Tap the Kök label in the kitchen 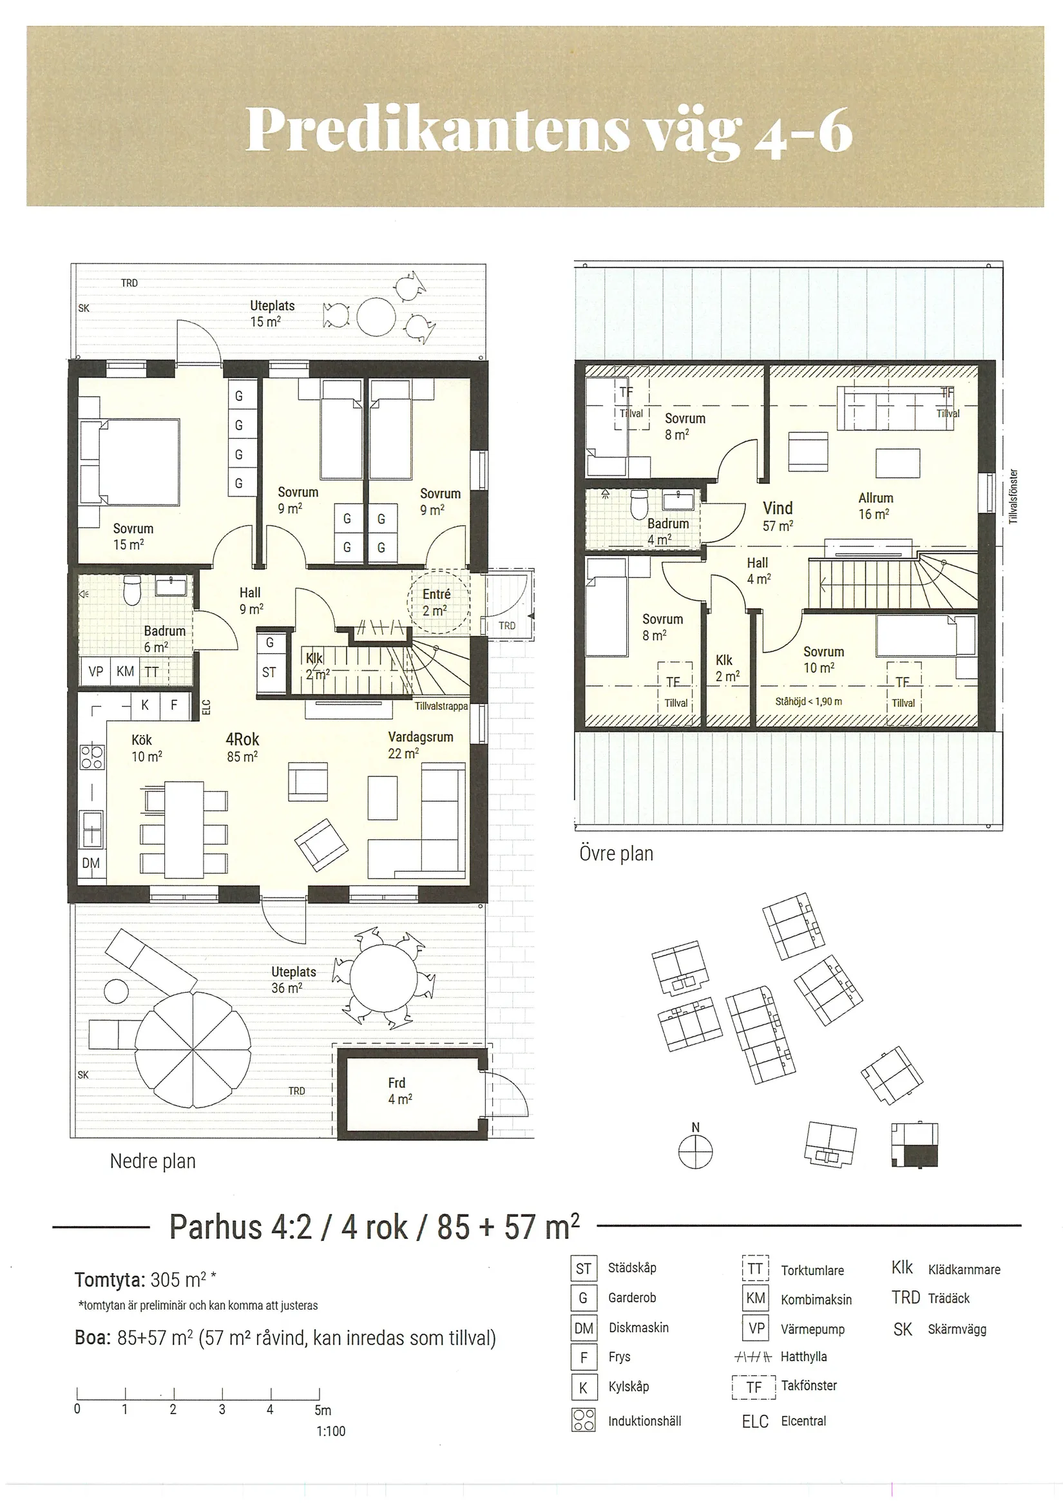[141, 740]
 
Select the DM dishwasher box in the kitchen [91, 863]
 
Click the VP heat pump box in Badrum [95, 672]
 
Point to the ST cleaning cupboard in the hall [269, 673]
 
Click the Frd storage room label [397, 1084]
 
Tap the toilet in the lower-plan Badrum [133, 591]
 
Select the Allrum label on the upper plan [875, 498]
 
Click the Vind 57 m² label [778, 517]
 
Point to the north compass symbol [695, 1153]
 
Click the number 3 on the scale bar [222, 1410]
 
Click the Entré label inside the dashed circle [437, 594]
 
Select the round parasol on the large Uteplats [193, 1049]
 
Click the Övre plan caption [616, 854]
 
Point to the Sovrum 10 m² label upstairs [823, 659]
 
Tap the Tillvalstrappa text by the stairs [441, 706]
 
